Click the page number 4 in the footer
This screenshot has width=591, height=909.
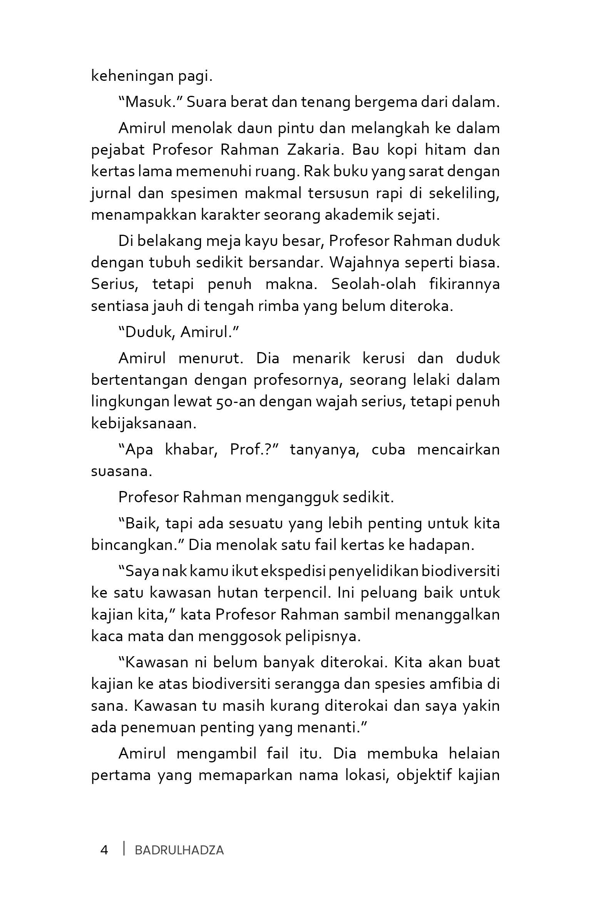pyautogui.click(x=104, y=850)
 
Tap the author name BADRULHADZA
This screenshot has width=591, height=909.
pyautogui.click(x=179, y=850)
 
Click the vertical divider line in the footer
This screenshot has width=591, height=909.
pyautogui.click(x=124, y=849)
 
